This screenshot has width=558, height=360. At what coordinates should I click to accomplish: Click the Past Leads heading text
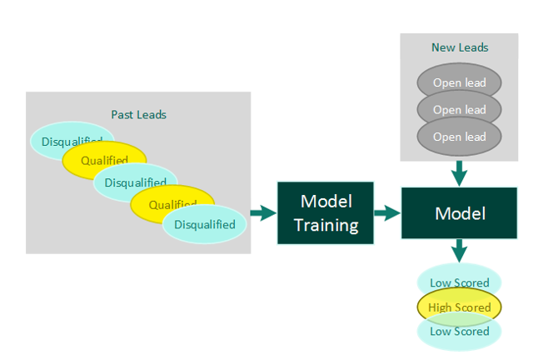pos(138,114)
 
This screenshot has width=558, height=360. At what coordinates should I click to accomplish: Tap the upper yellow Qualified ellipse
pos(104,160)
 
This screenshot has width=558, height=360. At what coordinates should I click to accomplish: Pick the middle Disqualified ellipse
pos(135,182)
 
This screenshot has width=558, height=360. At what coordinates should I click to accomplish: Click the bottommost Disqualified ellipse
pos(205,224)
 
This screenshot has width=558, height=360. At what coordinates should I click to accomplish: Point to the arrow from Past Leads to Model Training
pos(262,214)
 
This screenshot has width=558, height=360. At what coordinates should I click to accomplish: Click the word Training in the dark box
pos(326,225)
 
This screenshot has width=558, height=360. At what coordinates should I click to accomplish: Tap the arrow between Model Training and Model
pos(386,214)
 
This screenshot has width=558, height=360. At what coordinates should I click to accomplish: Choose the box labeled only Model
pos(459,214)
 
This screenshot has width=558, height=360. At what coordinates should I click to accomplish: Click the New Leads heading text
pos(459,47)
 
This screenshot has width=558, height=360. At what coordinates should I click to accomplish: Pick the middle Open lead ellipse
pos(459,109)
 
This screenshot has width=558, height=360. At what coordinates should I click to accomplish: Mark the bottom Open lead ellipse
pos(459,137)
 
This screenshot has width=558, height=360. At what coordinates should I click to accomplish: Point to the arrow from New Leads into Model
pos(459,173)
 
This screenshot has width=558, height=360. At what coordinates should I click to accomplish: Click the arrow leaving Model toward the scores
pos(459,251)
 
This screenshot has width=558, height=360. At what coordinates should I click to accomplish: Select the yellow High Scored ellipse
pos(459,307)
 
